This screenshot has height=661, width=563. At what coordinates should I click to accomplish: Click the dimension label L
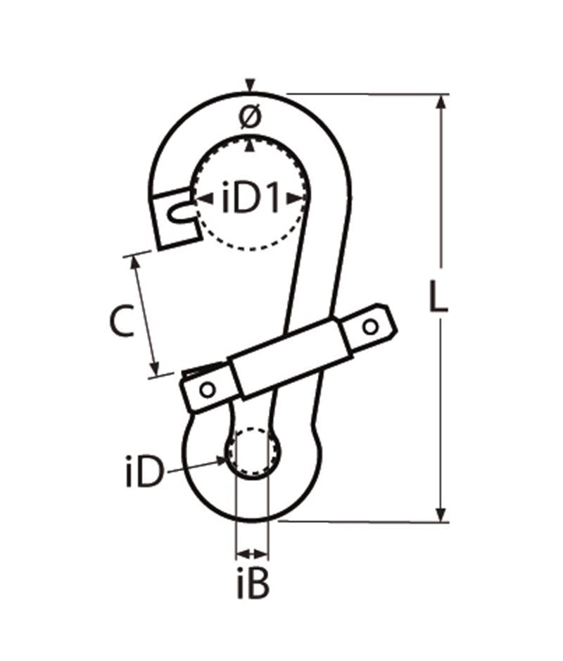pos(438,299)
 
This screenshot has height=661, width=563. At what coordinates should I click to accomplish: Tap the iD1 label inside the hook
pos(251,200)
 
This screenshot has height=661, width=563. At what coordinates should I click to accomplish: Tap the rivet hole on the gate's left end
pos(206,389)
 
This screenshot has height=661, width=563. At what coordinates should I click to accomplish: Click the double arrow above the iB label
pos(252,553)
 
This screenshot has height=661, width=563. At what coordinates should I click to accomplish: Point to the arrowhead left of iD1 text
pos(201,200)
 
